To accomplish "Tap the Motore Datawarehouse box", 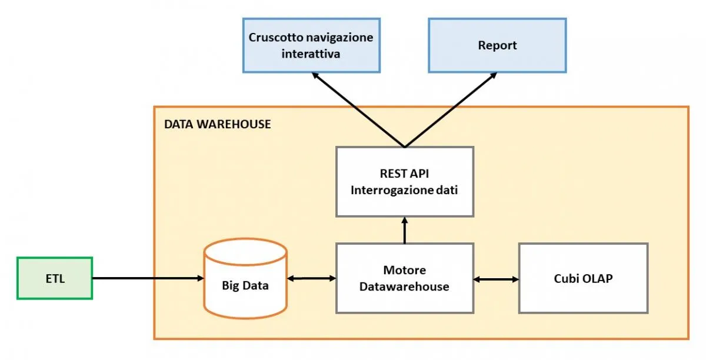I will pyautogui.click(x=404, y=278).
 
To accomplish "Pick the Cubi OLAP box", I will pyautogui.click(x=583, y=278).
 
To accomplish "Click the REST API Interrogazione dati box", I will pyautogui.click(x=404, y=181).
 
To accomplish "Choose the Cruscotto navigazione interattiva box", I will pyautogui.click(x=311, y=45).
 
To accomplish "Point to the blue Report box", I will pyautogui.click(x=497, y=45).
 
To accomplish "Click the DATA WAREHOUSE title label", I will pyautogui.click(x=218, y=124).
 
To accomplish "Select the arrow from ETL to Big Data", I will pyautogui.click(x=147, y=278).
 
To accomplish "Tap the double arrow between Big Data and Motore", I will pyautogui.click(x=311, y=278).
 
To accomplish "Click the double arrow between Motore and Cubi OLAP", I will pyautogui.click(x=496, y=278).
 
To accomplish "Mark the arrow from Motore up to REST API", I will pyautogui.click(x=404, y=230).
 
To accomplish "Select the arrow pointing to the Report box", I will pyautogui.click(x=451, y=110).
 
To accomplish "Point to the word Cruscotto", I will pyautogui.click(x=274, y=38).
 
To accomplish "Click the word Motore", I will pyautogui.click(x=404, y=271).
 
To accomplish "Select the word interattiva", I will pyautogui.click(x=311, y=54).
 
